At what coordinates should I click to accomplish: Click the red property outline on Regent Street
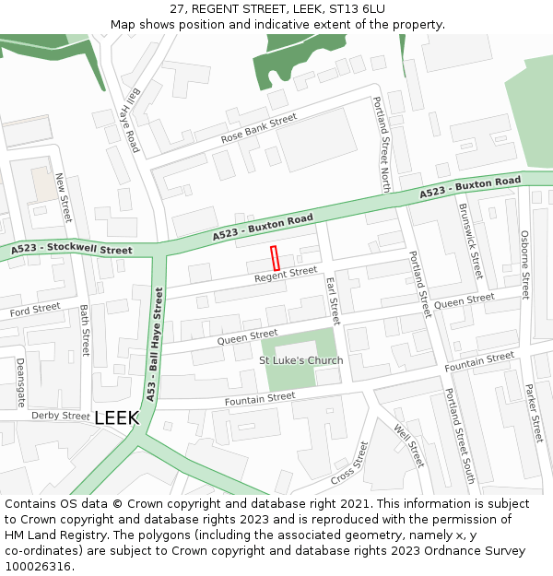coord(275,258)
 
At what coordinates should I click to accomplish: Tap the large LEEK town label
coord(116,418)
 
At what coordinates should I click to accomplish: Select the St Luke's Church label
coord(300,360)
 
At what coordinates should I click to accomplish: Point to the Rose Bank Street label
coord(259,129)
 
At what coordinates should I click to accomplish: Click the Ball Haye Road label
coord(128,121)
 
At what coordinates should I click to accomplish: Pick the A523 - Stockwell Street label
coord(72,250)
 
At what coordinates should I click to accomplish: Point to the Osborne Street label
coord(524,264)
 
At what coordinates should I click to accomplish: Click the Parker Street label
coord(533,414)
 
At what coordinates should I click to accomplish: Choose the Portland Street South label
coord(460,436)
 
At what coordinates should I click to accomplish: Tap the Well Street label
coord(408,445)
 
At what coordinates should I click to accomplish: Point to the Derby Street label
coord(60,416)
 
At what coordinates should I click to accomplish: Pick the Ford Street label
coord(35,310)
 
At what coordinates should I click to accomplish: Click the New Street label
coord(63,197)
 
